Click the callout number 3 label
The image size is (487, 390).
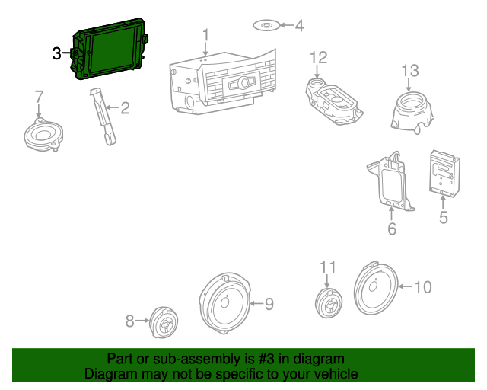coord(56,53)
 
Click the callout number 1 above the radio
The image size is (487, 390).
coord(205,35)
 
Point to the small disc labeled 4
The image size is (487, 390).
coord(266,26)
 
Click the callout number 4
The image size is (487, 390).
coord(299,26)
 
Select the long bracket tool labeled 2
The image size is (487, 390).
coord(103,114)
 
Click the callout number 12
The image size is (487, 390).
coord(318,58)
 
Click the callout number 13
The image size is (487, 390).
coord(410,72)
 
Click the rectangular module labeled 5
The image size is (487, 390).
coord(444,171)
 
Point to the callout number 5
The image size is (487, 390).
coord(444,219)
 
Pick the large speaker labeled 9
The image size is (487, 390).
coord(224,303)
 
